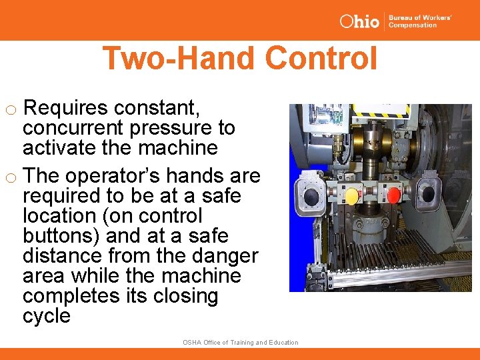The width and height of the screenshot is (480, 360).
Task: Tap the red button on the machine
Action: tap(394, 195)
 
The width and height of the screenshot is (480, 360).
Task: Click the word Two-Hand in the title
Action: tap(180, 58)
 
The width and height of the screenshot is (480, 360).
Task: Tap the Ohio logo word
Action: tap(359, 21)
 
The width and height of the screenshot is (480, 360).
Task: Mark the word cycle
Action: tap(46, 316)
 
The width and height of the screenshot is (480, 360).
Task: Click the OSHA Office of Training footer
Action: tap(240, 343)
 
